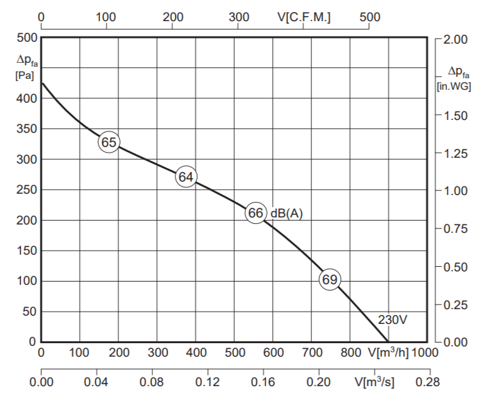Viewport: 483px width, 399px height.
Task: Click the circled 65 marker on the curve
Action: click(109, 142)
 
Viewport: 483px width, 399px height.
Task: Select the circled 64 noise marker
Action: click(186, 177)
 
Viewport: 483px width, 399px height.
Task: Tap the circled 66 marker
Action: click(256, 213)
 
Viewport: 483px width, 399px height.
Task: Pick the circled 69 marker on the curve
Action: click(330, 280)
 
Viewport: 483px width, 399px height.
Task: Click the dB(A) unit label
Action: click(287, 213)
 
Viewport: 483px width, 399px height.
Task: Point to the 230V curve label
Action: click(393, 320)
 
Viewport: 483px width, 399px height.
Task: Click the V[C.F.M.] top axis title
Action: click(304, 17)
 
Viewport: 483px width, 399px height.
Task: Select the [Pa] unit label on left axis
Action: click(24, 76)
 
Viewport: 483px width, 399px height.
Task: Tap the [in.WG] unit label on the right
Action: click(454, 86)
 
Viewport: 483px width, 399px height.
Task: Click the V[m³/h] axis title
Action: click(389, 352)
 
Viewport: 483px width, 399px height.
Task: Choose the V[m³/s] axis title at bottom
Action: click(375, 382)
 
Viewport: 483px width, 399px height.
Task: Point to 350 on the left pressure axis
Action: click(26, 129)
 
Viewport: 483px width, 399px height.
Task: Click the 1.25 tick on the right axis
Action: click(455, 153)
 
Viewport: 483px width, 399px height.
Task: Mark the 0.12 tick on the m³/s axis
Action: click(208, 382)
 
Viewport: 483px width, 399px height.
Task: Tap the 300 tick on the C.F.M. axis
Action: click(239, 17)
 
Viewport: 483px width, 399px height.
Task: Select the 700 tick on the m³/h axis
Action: click(312, 352)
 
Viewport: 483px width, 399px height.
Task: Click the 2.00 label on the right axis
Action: click(455, 39)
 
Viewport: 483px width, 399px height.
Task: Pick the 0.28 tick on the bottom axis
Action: click(428, 382)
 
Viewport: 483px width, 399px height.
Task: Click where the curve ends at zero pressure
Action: click(388, 342)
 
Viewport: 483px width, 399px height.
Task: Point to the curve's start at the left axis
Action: click(42, 83)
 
